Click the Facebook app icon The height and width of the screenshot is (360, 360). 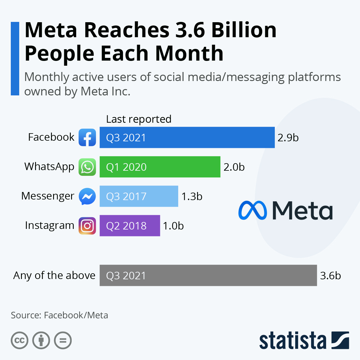87,137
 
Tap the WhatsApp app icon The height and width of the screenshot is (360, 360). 87,167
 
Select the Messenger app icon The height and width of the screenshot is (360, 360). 87,196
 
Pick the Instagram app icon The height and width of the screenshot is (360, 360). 87,226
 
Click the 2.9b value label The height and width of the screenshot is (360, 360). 288,138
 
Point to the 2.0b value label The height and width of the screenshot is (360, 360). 234,167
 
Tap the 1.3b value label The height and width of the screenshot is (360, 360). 192,196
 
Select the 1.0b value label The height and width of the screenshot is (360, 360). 173,226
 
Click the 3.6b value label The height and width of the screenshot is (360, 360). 330,276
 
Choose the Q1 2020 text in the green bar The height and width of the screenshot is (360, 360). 126,167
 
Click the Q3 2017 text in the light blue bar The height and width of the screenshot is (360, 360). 126,196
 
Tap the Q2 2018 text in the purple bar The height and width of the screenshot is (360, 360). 126,226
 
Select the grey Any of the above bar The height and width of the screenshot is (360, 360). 208,275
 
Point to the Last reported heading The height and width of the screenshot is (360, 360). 139,119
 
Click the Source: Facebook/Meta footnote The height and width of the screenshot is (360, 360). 59,315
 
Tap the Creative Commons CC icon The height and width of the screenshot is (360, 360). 19,340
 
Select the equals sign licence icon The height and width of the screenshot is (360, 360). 63,340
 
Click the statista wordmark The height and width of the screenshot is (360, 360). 292,341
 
